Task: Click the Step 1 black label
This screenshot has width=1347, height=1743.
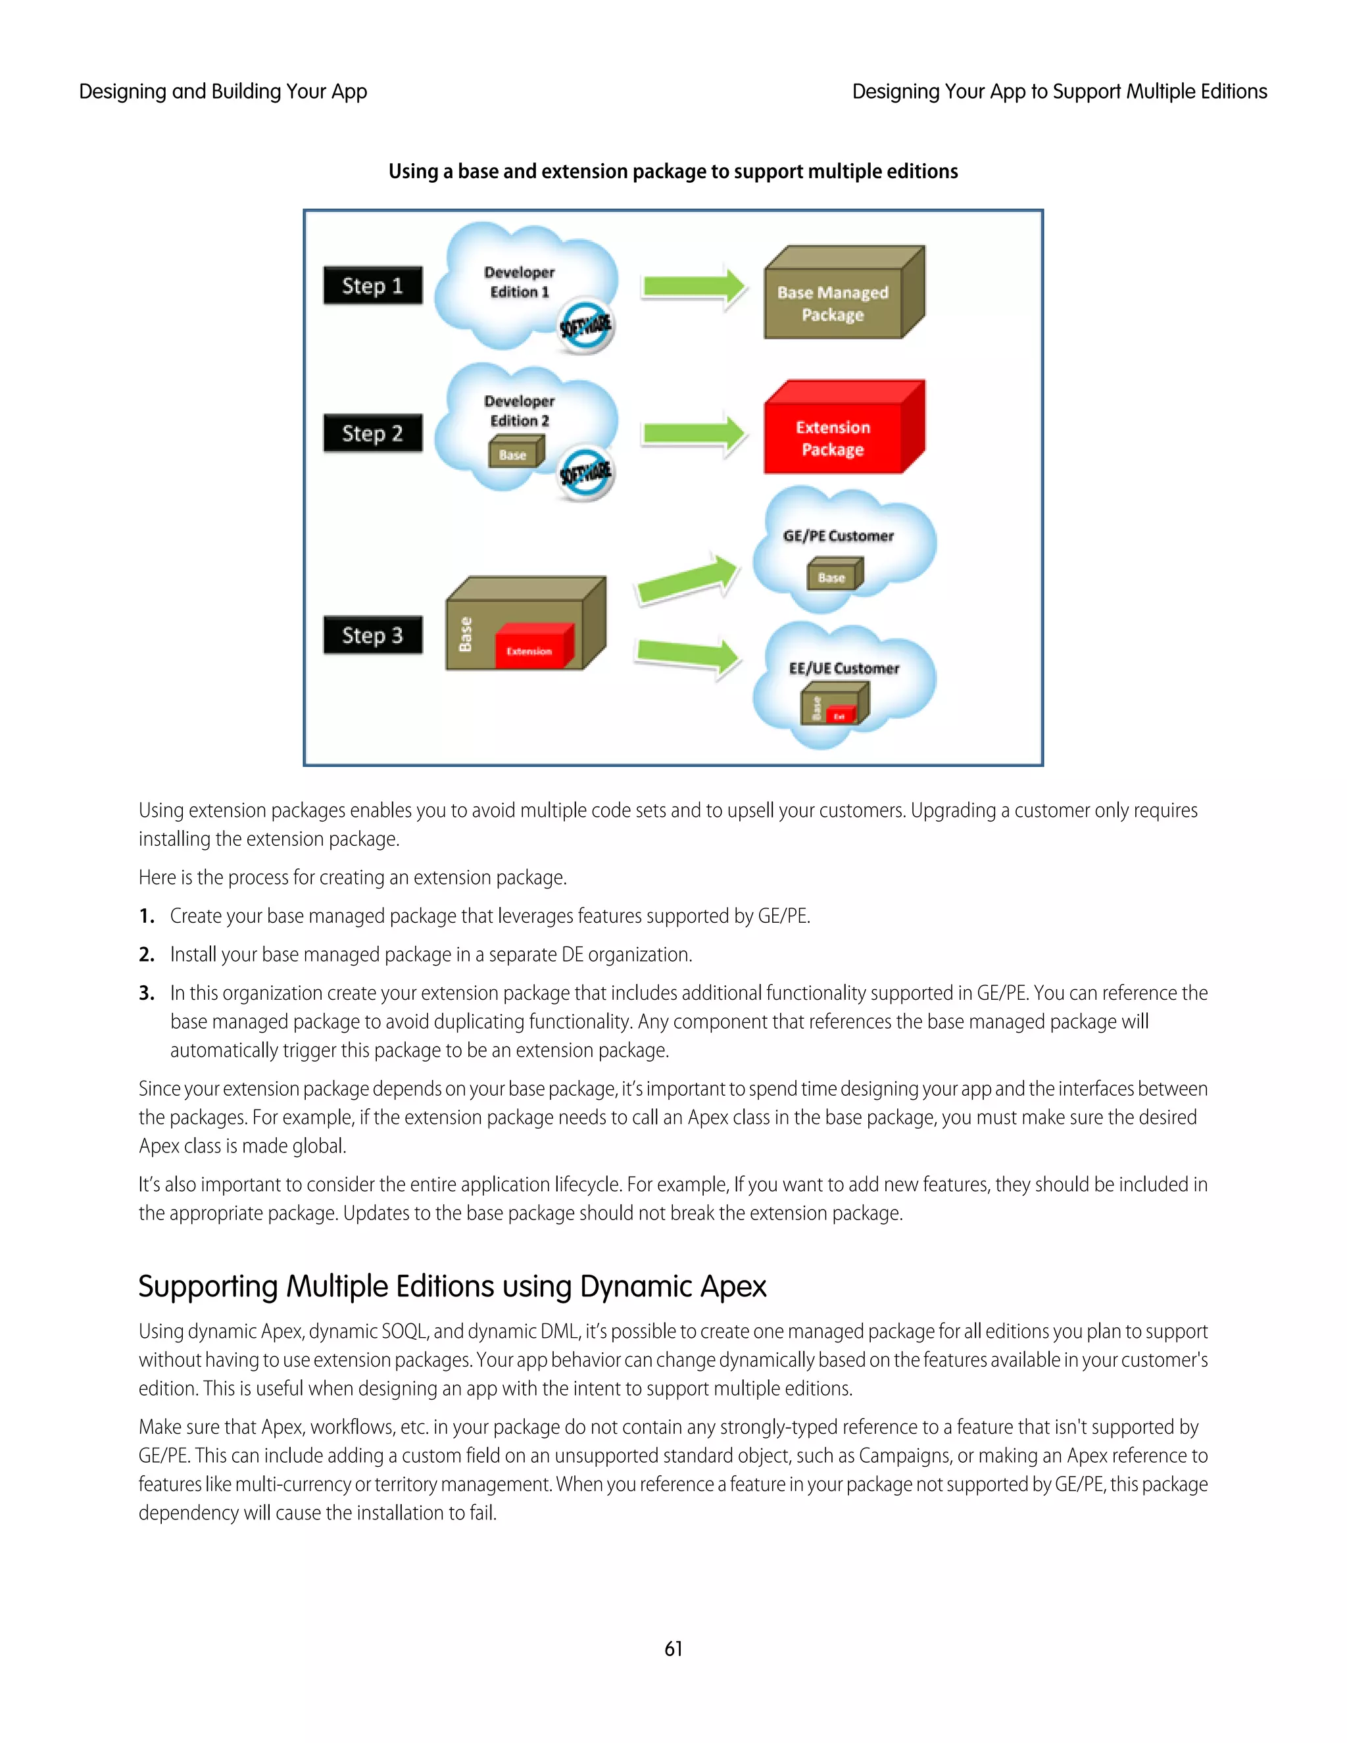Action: pyautogui.click(x=373, y=285)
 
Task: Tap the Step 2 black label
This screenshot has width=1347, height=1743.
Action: pyautogui.click(x=373, y=433)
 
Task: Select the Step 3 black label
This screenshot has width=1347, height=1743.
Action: pyautogui.click(x=373, y=635)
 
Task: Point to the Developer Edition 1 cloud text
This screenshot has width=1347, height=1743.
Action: pyautogui.click(x=520, y=282)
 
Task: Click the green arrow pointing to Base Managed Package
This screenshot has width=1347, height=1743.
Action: pyautogui.click(x=693, y=285)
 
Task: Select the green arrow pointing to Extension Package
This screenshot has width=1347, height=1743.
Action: pyautogui.click(x=693, y=433)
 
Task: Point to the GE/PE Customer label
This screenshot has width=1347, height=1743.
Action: pyautogui.click(x=838, y=536)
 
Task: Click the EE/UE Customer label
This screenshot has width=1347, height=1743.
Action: pyautogui.click(x=843, y=669)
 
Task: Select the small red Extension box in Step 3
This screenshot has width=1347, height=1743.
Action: pyautogui.click(x=531, y=647)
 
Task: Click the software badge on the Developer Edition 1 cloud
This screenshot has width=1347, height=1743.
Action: pyautogui.click(x=586, y=326)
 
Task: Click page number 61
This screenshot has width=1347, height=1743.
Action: pyautogui.click(x=673, y=1649)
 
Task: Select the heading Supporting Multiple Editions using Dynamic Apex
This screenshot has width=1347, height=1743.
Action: pyautogui.click(x=452, y=1287)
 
